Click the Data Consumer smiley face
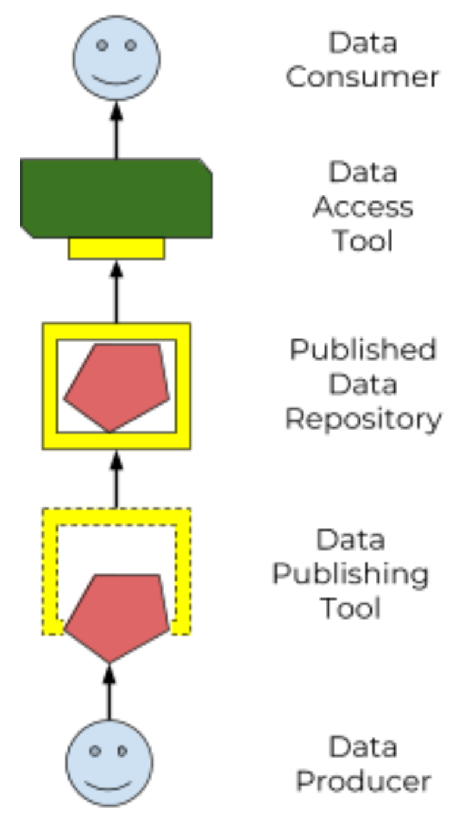tap(117, 59)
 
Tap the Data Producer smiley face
tap(109, 762)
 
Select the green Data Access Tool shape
tap(117, 198)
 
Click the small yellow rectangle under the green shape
tap(117, 249)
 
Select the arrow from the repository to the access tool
tap(117, 292)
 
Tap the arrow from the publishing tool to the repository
tap(117, 479)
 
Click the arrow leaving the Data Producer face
tap(109, 692)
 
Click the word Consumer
tap(363, 78)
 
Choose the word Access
tap(363, 207)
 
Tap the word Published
tap(363, 350)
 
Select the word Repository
tap(363, 419)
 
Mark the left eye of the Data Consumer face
tap(102, 45)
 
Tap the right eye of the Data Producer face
tap(123, 751)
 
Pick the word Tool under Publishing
tap(350, 608)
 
